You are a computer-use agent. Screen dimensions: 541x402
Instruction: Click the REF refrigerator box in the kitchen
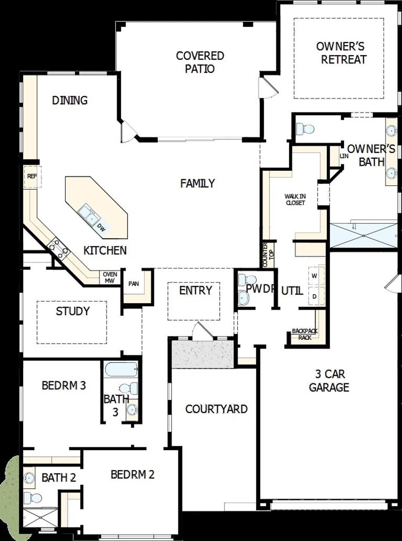[32, 177]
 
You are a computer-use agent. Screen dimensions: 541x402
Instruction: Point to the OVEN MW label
[110, 278]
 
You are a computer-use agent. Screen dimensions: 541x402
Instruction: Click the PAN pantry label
[133, 284]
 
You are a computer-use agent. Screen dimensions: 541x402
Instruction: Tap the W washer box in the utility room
[314, 276]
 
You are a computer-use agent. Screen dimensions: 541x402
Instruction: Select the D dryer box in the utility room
[314, 296]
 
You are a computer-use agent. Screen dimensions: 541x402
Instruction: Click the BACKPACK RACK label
[304, 334]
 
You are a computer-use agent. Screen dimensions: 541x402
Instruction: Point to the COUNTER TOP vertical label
[268, 254]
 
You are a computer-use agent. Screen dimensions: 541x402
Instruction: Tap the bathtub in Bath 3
[121, 370]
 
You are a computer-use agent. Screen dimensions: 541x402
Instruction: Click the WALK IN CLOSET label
[295, 199]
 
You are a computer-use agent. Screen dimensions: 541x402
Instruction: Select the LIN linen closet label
[344, 156]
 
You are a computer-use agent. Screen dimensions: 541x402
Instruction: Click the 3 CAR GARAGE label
[329, 381]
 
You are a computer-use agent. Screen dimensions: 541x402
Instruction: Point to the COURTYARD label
[216, 409]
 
